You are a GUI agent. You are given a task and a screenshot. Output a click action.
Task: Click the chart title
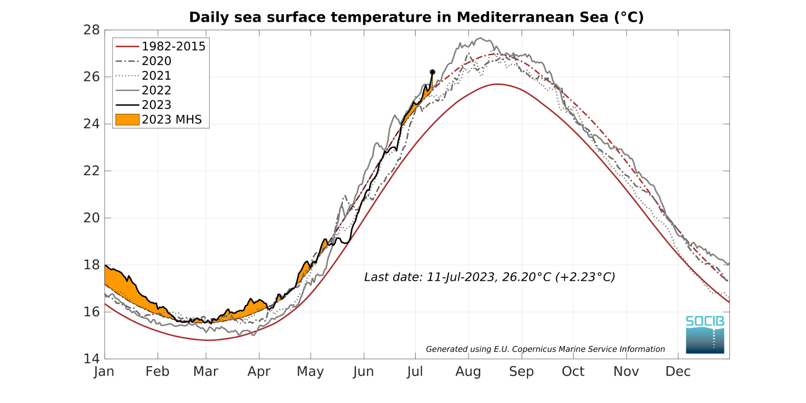pos(416,17)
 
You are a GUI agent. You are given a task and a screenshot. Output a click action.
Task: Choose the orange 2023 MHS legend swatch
pos(127,120)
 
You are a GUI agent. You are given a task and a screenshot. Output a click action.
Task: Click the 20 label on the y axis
pos(91,218)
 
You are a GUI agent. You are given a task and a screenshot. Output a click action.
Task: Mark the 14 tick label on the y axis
pos(91,359)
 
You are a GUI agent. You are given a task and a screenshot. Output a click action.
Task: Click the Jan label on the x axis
pos(104,372)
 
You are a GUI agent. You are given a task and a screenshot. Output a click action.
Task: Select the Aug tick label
pos(468,372)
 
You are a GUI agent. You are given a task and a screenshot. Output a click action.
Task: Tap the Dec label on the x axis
pos(678,372)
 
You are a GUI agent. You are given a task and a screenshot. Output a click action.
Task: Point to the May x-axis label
pos(310,372)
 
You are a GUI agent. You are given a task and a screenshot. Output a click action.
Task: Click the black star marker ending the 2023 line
pos(432,72)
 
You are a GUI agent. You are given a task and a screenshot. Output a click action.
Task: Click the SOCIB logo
pos(705,334)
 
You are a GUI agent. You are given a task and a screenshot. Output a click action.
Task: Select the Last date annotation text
pos(489,277)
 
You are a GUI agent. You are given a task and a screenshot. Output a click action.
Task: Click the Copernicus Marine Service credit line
pos(545,349)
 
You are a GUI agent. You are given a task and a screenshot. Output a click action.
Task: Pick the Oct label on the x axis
pos(573,372)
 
